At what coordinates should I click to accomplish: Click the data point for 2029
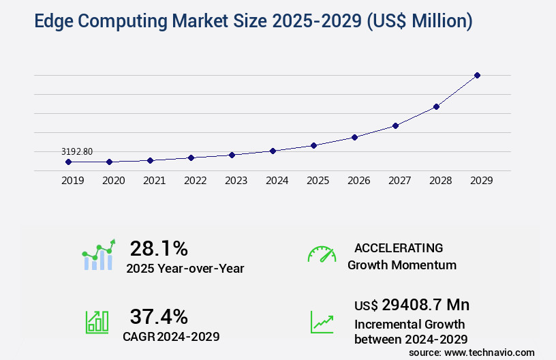tap(477, 75)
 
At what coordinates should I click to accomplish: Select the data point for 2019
tap(68, 162)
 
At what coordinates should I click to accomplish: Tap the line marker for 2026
tap(354, 137)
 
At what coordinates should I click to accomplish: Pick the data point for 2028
tap(436, 106)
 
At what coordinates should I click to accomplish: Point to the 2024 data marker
tap(273, 151)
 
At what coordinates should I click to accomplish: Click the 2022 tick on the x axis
tap(195, 181)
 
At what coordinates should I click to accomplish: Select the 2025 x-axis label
tap(318, 181)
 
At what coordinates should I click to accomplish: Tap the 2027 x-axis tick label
tap(399, 181)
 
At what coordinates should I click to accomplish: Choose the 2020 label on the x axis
tap(113, 181)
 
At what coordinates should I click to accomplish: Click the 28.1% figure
tap(159, 248)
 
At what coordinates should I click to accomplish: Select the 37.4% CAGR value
tap(159, 316)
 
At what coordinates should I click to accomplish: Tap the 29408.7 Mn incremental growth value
tap(412, 305)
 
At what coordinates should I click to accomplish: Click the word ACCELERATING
tap(399, 247)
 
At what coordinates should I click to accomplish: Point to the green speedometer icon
tap(322, 254)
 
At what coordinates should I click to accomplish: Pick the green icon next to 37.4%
tap(97, 322)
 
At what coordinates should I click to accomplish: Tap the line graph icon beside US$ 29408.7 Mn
tap(322, 322)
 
